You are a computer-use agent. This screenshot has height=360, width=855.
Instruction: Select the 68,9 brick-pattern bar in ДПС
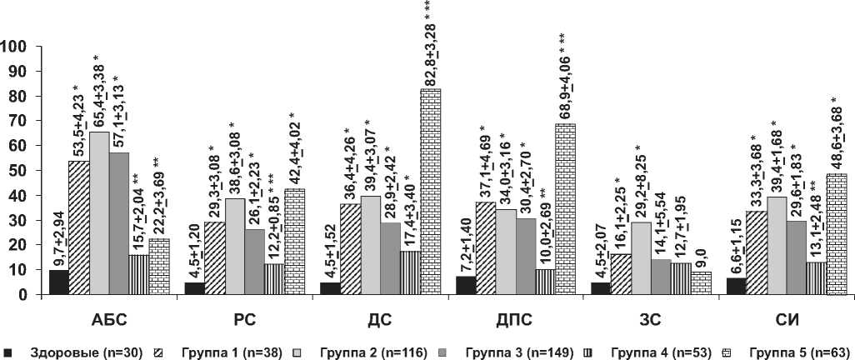coord(565,209)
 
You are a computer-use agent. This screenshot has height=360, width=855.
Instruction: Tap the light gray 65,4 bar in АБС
coord(99,213)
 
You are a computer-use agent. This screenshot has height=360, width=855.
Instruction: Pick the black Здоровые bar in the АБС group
coord(58,282)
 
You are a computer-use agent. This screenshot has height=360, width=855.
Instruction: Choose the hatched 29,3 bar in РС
coord(214,258)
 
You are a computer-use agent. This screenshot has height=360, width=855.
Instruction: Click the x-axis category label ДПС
coord(515,319)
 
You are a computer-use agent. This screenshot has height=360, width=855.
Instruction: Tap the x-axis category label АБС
coord(109,319)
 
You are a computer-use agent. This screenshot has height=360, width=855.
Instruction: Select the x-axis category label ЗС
coord(651,319)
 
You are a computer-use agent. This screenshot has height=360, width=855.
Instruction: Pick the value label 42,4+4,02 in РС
coord(295,148)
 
